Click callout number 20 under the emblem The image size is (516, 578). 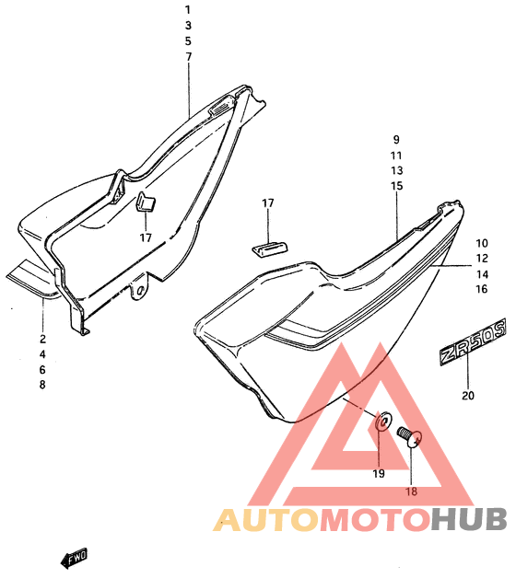[x=468, y=396]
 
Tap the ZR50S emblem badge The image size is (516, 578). [x=473, y=342]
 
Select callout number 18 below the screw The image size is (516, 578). [x=411, y=491]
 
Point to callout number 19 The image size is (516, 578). [x=379, y=474]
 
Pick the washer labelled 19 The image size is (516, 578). [x=383, y=421]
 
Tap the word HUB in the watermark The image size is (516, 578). [x=469, y=519]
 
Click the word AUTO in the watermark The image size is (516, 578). [x=265, y=519]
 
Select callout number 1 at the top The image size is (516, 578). [x=187, y=10]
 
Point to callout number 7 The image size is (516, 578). [x=189, y=57]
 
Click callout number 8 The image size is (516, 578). [x=42, y=385]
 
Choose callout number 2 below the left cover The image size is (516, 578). [x=42, y=339]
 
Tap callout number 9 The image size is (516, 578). [x=396, y=140]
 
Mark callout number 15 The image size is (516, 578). [x=397, y=186]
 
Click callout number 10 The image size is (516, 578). [x=482, y=243]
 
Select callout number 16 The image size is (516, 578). [x=482, y=289]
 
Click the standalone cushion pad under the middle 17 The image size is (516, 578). [x=271, y=249]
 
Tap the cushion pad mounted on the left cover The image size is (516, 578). [x=146, y=202]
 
